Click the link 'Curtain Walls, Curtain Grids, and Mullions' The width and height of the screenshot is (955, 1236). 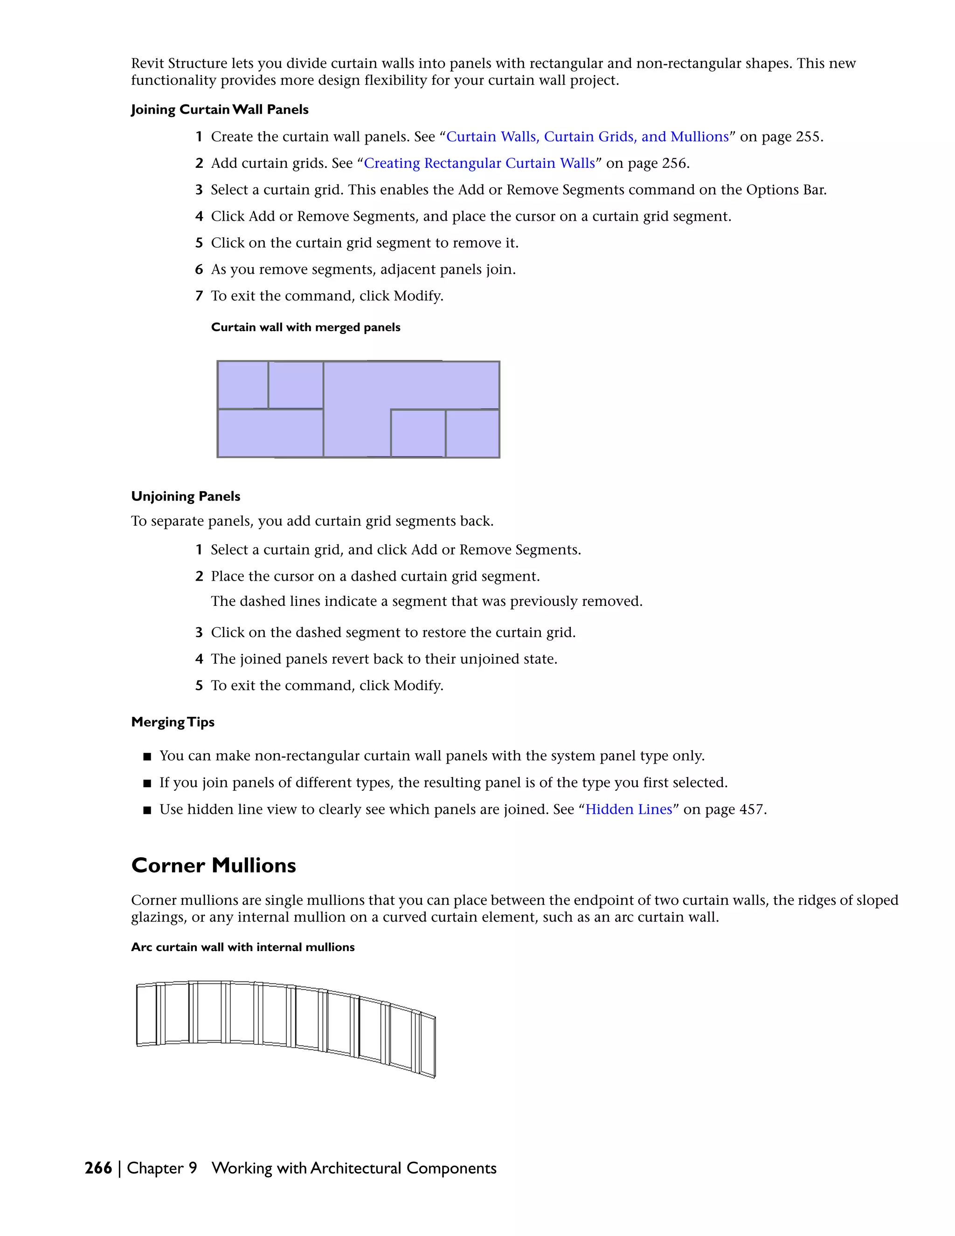(587, 137)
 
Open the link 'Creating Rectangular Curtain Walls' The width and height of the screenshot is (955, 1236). (479, 164)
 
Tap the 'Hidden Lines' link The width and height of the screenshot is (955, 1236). (629, 809)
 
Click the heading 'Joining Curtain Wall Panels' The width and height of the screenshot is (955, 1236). (220, 110)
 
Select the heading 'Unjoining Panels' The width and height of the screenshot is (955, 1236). (186, 496)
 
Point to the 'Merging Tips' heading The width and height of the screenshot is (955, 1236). (173, 722)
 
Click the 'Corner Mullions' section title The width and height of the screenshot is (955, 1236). (213, 865)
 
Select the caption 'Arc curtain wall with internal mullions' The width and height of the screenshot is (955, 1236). (242, 947)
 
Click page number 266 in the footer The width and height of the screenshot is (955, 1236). (98, 1168)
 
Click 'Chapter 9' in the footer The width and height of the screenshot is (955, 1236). (162, 1168)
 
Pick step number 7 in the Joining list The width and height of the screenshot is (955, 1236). (199, 296)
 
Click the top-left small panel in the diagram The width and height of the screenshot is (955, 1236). (242, 384)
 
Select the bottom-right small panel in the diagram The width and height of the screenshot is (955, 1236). (472, 433)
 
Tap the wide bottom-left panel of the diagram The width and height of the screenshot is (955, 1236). (270, 433)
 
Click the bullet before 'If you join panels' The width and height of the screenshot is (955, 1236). (147, 783)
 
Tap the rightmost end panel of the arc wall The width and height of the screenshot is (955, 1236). (428, 1047)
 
